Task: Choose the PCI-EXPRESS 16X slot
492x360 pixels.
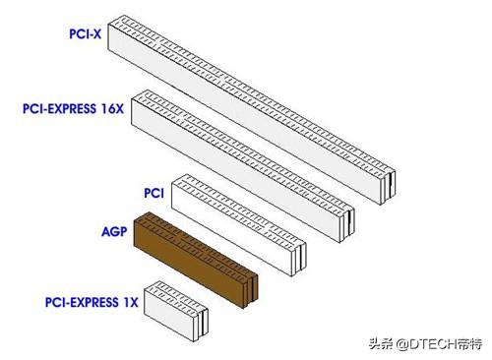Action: click(x=246, y=148)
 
